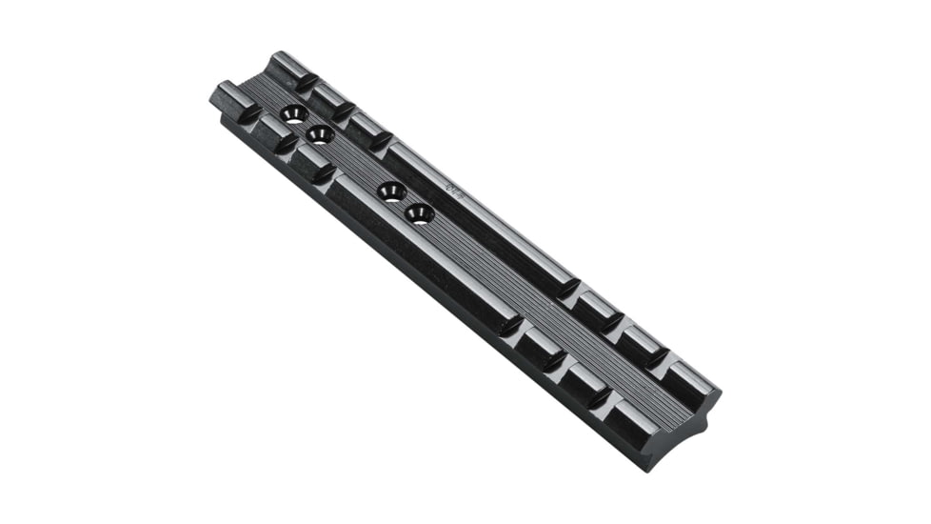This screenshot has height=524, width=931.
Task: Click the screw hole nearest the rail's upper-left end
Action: point(294,114)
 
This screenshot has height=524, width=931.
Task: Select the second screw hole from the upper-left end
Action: point(320,133)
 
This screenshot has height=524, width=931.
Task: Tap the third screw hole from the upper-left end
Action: point(391,191)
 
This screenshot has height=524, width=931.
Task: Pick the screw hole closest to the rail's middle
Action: point(419,213)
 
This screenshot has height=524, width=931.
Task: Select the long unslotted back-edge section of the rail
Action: point(481,219)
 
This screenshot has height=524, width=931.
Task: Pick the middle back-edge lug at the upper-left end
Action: point(330,97)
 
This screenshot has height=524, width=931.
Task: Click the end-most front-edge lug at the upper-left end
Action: point(231,99)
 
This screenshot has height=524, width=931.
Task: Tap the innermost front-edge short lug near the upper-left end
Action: point(311,160)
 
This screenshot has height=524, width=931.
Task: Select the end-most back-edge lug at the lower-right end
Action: point(693,376)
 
